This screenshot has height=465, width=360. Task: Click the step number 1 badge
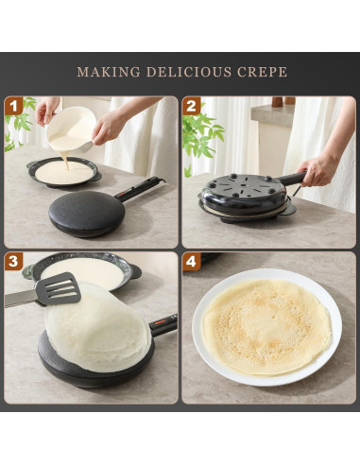[14, 106]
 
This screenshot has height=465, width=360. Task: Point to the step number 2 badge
[192, 106]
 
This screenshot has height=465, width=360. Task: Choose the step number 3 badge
[14, 262]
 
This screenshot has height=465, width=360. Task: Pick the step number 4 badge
[192, 262]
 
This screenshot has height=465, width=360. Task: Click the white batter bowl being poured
[73, 128]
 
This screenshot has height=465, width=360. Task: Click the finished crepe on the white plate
[267, 326]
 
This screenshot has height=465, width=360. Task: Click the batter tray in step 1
[63, 172]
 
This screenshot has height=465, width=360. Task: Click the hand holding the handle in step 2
[317, 169]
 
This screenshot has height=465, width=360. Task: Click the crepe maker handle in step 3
[163, 325]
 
